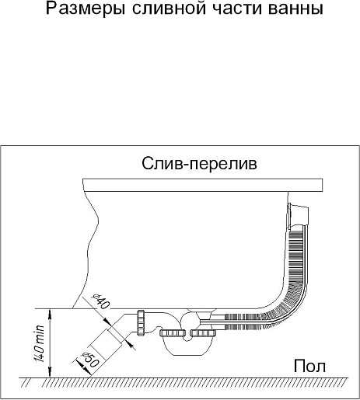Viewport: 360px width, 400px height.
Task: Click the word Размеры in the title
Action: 86,9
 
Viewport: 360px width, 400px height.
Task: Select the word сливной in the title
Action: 170,9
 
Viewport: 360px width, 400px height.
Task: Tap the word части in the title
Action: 237,9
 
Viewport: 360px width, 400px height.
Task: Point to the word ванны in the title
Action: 295,9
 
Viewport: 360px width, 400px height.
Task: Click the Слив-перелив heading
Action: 199,164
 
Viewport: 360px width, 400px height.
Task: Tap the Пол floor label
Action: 309,366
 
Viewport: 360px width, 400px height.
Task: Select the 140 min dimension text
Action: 40,343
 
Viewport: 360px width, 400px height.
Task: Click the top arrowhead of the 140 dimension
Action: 50,313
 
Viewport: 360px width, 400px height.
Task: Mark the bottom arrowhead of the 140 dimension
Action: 50,373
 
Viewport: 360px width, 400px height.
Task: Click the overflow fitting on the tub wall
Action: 298,214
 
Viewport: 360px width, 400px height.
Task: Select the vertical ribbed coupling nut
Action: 141,322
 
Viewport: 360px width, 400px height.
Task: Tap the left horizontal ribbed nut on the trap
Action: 173,332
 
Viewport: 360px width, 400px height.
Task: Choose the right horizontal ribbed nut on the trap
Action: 203,332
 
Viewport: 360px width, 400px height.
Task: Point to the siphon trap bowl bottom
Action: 188,347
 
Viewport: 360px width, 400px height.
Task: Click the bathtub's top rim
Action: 203,185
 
